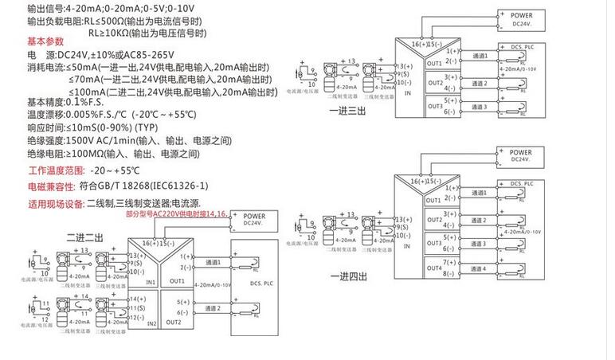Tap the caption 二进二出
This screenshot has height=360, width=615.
pos(84,237)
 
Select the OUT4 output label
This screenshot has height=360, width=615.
pos(434,268)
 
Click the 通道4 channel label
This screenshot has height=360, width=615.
pos(477,268)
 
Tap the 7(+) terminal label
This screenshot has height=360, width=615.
pos(452,261)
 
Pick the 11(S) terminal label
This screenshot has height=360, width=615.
pos(120,307)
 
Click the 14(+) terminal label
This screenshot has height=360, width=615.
pos(120,297)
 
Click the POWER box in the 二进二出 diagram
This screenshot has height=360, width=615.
pos(254,219)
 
